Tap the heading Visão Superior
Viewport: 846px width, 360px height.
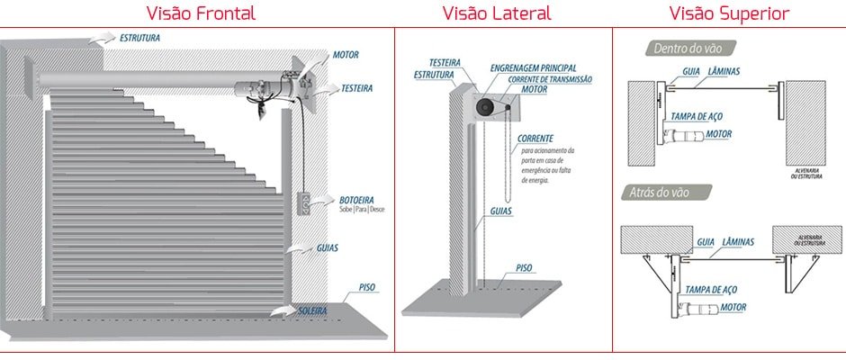tap(729, 13)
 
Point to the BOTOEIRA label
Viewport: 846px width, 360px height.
tap(357, 199)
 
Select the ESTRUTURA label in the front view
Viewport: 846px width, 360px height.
tap(139, 40)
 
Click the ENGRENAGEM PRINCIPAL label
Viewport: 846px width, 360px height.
tap(533, 68)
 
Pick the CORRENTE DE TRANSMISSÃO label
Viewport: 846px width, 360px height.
tap(551, 79)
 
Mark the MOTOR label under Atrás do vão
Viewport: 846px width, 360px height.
tap(733, 307)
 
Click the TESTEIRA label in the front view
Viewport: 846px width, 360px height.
tap(358, 88)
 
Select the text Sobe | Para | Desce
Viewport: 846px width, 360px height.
tap(361, 209)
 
